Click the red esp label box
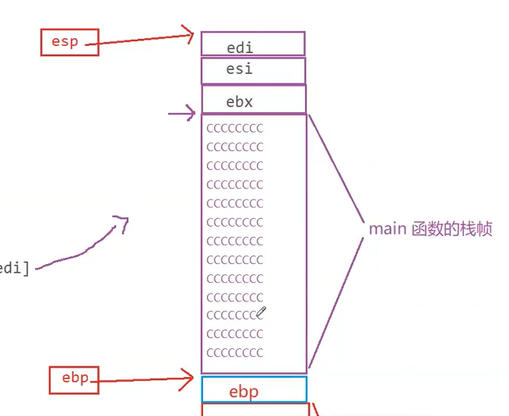(65, 42)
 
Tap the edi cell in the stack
(253, 44)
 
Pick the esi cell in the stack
(253, 70)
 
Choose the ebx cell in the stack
(254, 100)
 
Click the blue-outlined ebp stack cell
(254, 390)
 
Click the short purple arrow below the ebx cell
(183, 115)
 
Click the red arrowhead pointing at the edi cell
(187, 33)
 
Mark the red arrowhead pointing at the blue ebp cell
(187, 379)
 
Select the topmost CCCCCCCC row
(235, 128)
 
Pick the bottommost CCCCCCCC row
(235, 352)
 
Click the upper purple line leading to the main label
(336, 167)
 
